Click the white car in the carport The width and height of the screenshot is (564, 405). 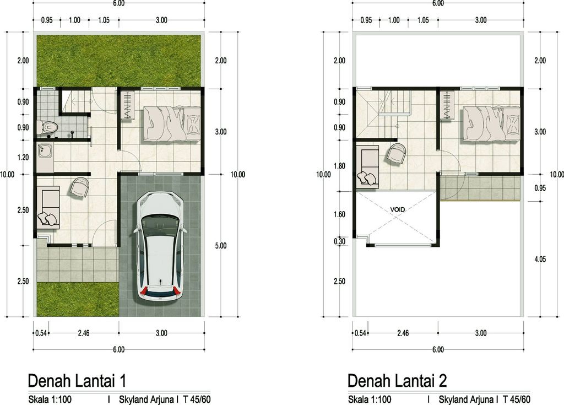(160, 246)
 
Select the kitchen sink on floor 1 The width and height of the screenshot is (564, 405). (44, 150)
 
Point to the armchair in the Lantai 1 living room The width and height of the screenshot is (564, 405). (79, 187)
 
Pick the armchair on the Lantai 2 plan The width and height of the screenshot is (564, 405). (396, 153)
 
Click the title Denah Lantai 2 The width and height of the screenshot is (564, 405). (397, 381)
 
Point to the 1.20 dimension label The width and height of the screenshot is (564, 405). (23, 158)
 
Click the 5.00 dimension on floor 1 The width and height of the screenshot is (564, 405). (220, 246)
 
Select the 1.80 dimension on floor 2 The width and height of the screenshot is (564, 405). (339, 165)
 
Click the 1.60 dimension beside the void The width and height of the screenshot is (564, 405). (339, 214)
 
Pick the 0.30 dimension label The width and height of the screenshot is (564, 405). (339, 241)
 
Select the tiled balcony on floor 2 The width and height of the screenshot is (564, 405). (480, 188)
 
